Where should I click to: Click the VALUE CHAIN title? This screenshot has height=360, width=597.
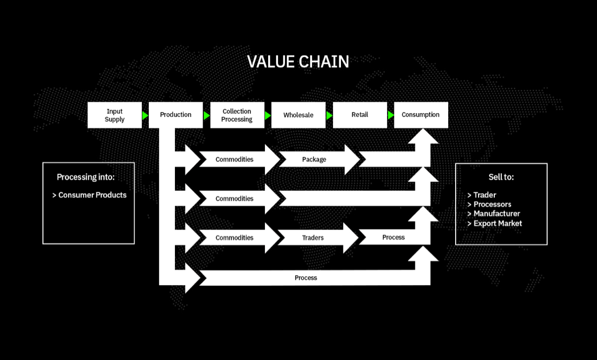point(298,62)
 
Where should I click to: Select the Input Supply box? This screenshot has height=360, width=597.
point(114,115)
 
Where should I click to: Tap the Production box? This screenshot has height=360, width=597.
point(175,115)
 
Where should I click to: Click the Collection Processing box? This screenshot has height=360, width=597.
point(237,115)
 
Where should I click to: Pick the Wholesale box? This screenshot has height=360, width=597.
point(298,115)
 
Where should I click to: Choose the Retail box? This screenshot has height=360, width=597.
point(360,115)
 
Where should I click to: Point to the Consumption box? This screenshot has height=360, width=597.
point(421,115)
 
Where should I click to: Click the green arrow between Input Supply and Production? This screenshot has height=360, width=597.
point(145,115)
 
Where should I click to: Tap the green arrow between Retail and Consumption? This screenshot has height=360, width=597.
point(391,115)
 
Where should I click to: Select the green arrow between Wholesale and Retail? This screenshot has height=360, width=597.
point(329,115)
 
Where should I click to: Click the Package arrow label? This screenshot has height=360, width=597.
point(314,159)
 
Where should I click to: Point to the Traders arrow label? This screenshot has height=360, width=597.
point(313,237)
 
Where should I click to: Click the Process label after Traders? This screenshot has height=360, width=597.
point(393,237)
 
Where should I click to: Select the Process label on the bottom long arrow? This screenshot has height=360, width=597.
point(306,278)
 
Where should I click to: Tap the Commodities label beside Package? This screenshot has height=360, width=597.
point(234,159)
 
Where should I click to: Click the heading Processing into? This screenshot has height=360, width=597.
point(85,177)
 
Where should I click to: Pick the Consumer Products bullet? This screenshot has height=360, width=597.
point(90,195)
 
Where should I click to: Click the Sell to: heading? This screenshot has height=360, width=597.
point(501,177)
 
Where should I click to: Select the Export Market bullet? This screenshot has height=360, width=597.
point(494,223)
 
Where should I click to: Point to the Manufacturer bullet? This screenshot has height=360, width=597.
point(493,214)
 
